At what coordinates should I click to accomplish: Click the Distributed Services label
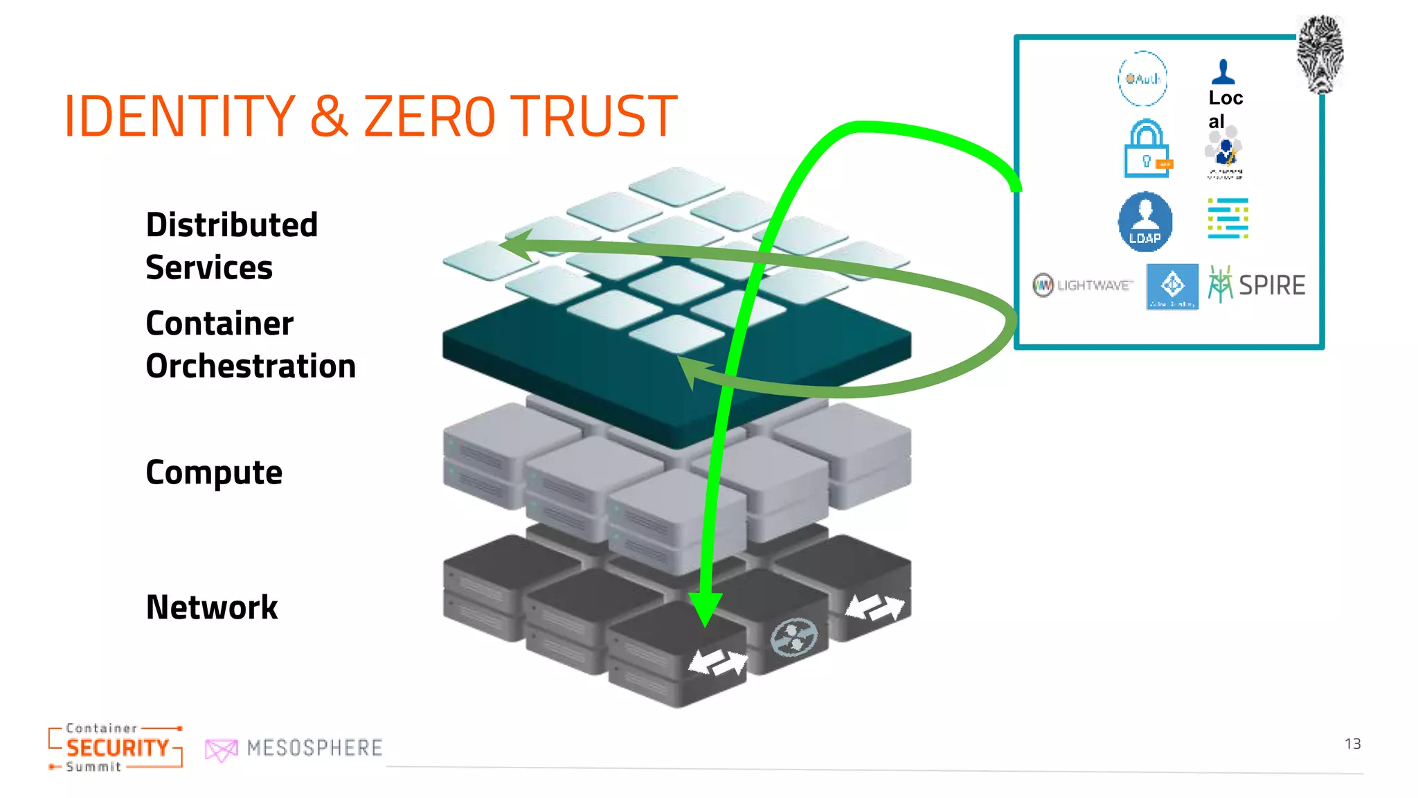pyautogui.click(x=231, y=246)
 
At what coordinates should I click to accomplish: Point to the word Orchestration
pyautogui.click(x=251, y=366)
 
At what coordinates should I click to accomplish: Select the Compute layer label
pyautogui.click(x=214, y=473)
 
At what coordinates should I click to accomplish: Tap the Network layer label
pyautogui.click(x=212, y=608)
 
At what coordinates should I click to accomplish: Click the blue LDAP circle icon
pyautogui.click(x=1145, y=222)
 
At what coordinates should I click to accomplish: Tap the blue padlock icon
pyautogui.click(x=1147, y=149)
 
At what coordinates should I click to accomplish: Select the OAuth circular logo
pyautogui.click(x=1142, y=78)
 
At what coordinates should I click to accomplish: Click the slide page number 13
pyautogui.click(x=1352, y=744)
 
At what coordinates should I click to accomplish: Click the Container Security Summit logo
pyautogui.click(x=116, y=747)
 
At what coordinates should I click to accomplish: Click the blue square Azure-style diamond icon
pyautogui.click(x=1172, y=285)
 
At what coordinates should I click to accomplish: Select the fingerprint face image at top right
pyautogui.click(x=1320, y=54)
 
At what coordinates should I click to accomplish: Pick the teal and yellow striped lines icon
pyautogui.click(x=1228, y=218)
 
